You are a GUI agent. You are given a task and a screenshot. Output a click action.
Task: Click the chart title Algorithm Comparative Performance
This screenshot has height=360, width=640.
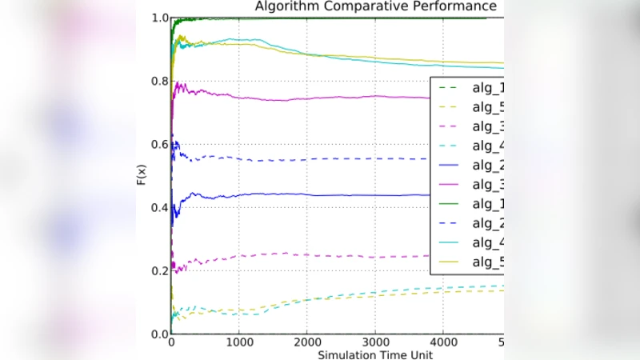tap(376, 7)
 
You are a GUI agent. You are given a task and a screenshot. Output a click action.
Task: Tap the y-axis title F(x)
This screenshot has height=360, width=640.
tap(141, 175)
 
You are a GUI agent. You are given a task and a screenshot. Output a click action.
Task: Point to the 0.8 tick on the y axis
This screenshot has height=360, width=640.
tap(158, 81)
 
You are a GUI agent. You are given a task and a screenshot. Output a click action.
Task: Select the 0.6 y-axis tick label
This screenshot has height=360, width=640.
tap(158, 144)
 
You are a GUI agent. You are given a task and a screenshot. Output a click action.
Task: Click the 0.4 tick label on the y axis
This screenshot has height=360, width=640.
tap(158, 207)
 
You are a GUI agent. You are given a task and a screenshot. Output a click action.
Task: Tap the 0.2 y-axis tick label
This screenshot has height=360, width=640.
tap(158, 270)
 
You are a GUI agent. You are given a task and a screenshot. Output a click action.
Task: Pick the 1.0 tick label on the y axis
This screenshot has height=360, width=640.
tap(158, 18)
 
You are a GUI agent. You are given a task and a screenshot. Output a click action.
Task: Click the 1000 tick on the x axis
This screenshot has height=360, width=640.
tap(239, 342)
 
